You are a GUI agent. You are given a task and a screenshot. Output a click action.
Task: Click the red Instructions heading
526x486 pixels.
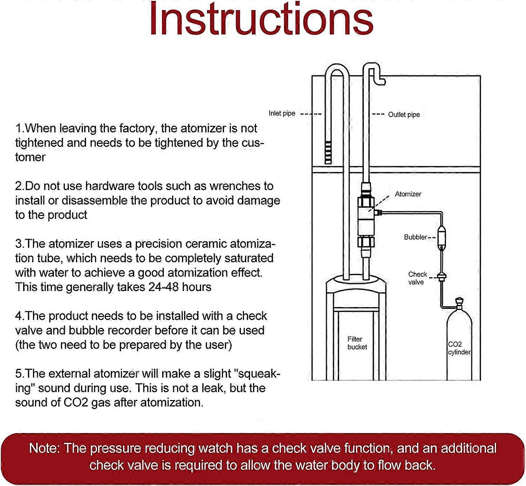261,19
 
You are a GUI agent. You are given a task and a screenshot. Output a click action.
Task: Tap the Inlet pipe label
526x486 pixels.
282,113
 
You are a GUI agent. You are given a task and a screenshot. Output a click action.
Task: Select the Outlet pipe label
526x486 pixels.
404,115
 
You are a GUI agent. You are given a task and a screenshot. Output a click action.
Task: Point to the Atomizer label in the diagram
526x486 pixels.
408,194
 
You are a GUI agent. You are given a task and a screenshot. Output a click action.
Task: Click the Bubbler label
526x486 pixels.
415,237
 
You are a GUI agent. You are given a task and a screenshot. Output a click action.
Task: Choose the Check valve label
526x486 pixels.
417,278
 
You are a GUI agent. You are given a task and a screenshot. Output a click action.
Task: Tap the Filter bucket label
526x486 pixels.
357,343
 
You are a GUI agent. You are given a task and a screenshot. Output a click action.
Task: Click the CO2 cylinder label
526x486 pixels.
459,348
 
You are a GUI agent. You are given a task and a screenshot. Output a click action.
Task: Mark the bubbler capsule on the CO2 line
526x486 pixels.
441,238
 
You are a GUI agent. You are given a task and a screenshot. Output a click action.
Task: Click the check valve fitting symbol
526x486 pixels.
441,277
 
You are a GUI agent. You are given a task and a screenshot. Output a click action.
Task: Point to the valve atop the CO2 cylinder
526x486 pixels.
459,304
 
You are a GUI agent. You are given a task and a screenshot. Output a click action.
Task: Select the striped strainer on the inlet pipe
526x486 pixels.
328,153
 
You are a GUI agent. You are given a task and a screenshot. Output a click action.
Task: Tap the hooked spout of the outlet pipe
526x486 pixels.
377,75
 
